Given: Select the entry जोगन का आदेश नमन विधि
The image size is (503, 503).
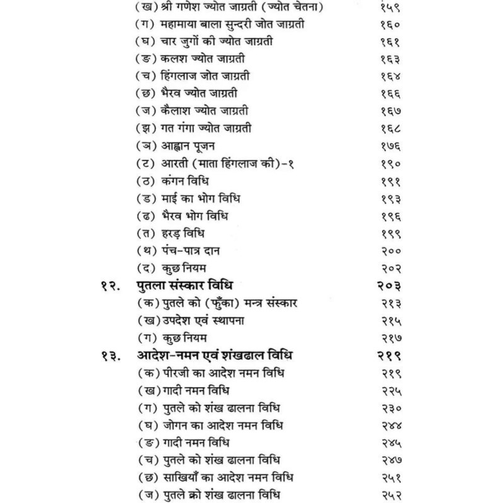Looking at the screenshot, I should [x=211, y=424].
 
